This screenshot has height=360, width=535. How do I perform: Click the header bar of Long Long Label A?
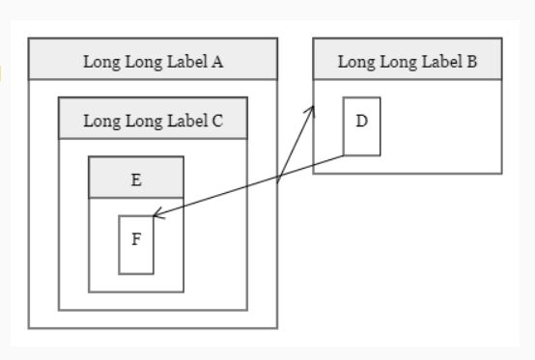[153, 60]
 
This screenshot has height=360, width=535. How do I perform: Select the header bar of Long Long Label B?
[408, 60]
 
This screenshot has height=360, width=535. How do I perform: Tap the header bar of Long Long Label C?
[153, 119]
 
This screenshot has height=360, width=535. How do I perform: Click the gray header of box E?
[136, 178]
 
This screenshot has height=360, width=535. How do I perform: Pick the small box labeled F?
[136, 253]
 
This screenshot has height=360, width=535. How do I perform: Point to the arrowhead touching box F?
[156, 217]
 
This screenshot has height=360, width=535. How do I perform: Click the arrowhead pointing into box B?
[312, 110]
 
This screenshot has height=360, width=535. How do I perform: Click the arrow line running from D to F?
[251, 186]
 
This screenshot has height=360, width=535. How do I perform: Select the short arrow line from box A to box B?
[295, 145]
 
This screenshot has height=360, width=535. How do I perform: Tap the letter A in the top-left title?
[218, 63]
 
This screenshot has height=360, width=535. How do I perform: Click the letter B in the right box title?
[472, 63]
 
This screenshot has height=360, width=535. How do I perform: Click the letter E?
[136, 180]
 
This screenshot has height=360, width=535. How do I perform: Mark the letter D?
[362, 122]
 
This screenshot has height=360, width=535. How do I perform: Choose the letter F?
[136, 239]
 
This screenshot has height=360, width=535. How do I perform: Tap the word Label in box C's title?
[189, 122]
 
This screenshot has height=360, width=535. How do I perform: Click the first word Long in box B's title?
[352, 63]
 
